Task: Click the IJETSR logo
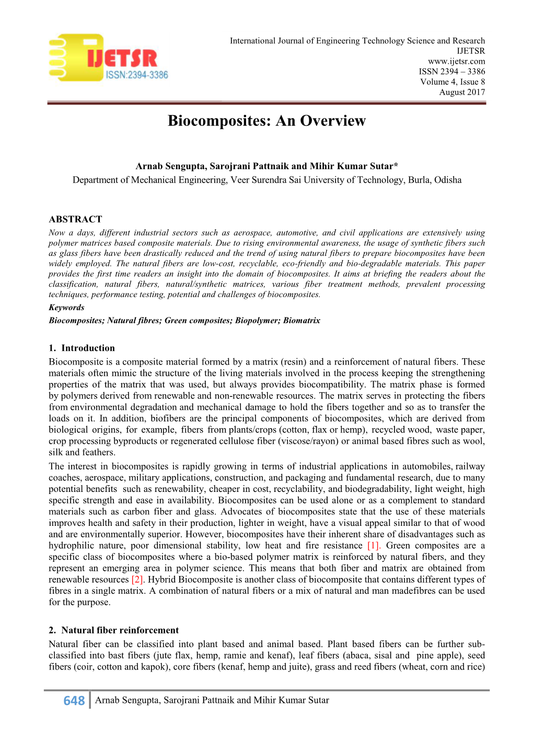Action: [x=108, y=58]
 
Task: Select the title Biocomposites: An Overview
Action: [x=266, y=121]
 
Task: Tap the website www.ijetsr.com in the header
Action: [x=456, y=61]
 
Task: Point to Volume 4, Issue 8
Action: [x=452, y=82]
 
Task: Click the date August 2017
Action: [x=462, y=92]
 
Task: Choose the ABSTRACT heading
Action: [x=75, y=219]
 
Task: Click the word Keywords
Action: [x=66, y=308]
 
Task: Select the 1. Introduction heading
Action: [x=82, y=348]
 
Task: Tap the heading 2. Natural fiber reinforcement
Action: [x=113, y=630]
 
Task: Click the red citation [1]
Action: [x=373, y=546]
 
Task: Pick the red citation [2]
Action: [x=137, y=580]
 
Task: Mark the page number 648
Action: [x=74, y=701]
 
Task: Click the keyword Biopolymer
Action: [x=257, y=321]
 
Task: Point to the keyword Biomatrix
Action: [x=302, y=321]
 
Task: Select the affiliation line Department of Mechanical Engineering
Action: [x=266, y=180]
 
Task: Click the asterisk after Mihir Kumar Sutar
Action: [x=396, y=166]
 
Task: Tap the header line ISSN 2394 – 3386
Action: [x=451, y=72]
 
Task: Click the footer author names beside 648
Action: [x=212, y=700]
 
